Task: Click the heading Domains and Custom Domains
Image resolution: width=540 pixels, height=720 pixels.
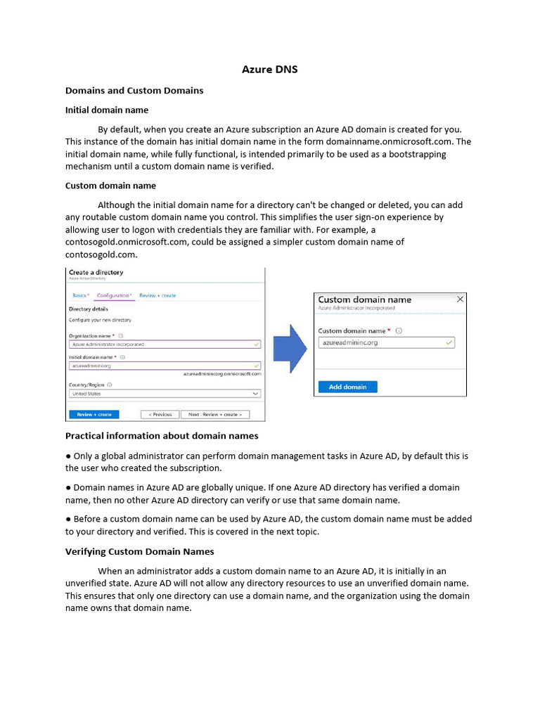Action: point(134,90)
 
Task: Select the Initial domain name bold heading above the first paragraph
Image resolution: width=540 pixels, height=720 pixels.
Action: point(106,110)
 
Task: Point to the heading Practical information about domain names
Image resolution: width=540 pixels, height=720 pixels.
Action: point(162,435)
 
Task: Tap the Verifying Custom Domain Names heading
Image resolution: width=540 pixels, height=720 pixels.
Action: point(139,551)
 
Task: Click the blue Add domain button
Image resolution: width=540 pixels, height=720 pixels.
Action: point(347,387)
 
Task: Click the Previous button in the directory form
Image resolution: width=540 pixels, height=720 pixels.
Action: point(160,414)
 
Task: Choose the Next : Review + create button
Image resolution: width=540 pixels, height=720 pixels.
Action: point(214,414)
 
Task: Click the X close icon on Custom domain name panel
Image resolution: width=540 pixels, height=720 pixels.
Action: point(460,299)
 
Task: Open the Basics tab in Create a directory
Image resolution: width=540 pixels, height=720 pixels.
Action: point(81,295)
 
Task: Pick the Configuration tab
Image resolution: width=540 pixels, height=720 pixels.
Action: point(114,295)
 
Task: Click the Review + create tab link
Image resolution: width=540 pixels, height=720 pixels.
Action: point(157,295)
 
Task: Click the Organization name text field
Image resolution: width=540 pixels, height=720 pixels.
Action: point(165,345)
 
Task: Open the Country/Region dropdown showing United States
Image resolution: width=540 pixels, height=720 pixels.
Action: point(165,394)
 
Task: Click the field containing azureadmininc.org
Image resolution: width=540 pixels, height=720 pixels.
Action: point(386,342)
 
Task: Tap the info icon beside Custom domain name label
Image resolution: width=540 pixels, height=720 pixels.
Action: point(399,330)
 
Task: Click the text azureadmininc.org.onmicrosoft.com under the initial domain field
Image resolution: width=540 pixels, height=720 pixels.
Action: point(222,374)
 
